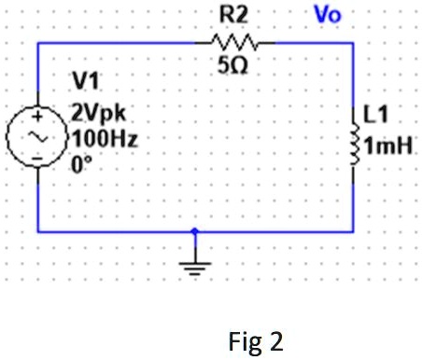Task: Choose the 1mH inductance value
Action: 392,146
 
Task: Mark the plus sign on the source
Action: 37,118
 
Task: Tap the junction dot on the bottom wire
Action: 194,230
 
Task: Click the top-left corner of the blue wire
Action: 37,43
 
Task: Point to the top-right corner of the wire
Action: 355,43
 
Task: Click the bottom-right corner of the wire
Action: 355,230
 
